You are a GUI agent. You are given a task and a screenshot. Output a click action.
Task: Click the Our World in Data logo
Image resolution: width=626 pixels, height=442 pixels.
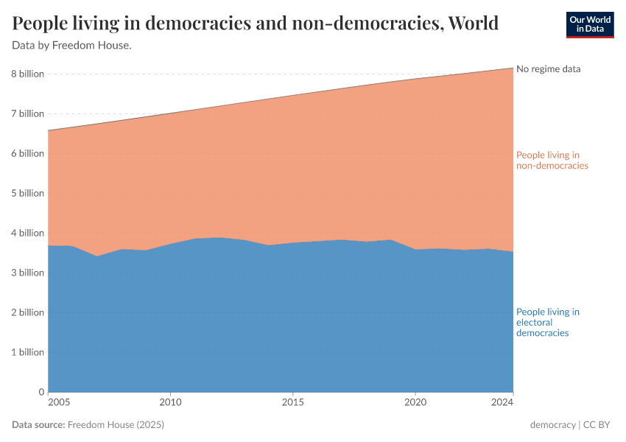point(589,24)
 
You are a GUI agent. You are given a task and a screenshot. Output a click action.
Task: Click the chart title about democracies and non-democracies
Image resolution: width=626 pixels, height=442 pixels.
point(256,24)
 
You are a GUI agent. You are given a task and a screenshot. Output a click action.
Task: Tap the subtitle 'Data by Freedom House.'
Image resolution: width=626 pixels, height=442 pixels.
point(72,46)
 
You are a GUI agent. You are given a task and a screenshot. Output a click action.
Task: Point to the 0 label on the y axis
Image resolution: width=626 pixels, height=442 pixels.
point(41,393)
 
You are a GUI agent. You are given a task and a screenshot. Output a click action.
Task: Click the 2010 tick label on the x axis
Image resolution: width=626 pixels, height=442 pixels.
point(170,403)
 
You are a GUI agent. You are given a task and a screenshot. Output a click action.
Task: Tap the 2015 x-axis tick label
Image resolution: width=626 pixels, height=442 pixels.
point(293,403)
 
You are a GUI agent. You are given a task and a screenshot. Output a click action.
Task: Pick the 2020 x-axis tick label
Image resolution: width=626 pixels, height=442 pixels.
point(415,403)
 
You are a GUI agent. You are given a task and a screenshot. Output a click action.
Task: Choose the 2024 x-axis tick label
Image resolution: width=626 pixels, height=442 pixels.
point(502,403)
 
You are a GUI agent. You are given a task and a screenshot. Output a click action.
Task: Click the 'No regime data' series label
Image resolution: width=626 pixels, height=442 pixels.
point(549,69)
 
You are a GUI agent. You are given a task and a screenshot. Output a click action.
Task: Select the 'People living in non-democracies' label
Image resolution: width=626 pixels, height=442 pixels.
point(552,161)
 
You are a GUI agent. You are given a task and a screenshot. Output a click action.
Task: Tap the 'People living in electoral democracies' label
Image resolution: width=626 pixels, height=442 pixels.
point(548,323)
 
